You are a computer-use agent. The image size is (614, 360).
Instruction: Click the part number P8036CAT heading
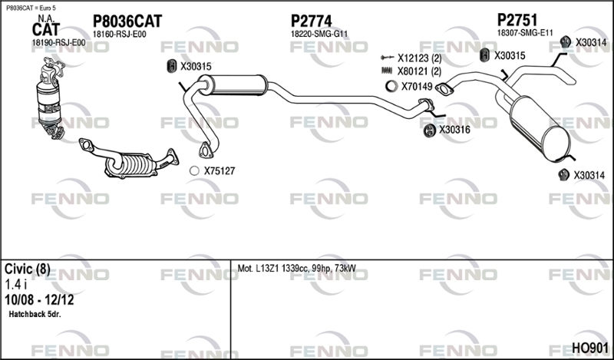pos(127,21)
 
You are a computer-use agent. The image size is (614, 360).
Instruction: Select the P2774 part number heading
pos(312,21)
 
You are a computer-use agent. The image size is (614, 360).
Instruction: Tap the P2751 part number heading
pos(517,20)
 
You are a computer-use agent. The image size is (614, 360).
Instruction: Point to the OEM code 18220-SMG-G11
pos(319,34)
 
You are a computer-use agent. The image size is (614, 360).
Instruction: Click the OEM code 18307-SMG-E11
pos(525,33)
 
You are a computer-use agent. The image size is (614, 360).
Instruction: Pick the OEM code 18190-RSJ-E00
pos(58,43)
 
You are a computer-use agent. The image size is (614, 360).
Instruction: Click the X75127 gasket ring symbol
pos(194,171)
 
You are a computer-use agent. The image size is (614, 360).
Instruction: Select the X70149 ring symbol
pos(391,86)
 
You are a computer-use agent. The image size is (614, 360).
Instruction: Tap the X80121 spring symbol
pos(387,71)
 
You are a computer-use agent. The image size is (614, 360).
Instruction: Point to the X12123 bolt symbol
pos(387,58)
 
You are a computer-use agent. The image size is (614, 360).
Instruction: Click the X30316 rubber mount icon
pos(430,130)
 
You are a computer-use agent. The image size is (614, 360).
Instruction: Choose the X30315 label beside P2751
pos(510,55)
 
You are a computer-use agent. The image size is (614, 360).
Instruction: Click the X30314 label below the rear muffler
pos(589,175)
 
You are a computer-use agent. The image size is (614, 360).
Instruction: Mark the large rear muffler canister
pos(540,128)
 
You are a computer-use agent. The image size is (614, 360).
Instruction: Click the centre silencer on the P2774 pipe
pos(234,85)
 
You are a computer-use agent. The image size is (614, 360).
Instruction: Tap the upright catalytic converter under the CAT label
pos(50,98)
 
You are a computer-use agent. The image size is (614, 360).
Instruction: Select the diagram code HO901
pos(590,348)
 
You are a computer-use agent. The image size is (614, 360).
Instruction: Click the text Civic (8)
pos(28,269)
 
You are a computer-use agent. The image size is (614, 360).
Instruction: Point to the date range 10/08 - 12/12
pos(39,300)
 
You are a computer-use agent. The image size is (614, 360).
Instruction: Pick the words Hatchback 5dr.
pos(35,314)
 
